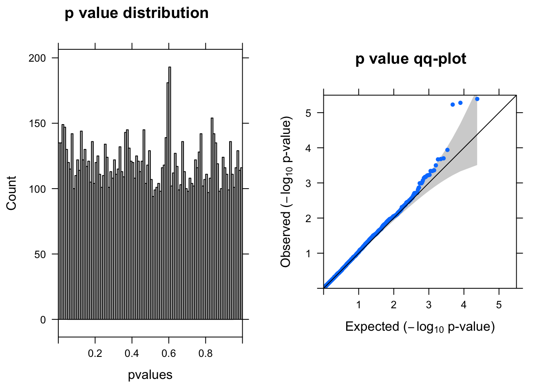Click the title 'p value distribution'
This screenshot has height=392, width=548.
[x=137, y=13]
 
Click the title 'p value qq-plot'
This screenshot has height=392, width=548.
[x=411, y=59]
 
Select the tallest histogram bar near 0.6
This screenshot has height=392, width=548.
[x=170, y=163]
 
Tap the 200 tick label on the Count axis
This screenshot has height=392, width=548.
[x=37, y=58]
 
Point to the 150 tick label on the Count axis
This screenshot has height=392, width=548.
[x=37, y=123]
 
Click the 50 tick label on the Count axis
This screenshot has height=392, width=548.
[x=40, y=254]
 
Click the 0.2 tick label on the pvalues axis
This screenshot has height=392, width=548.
[x=95, y=353]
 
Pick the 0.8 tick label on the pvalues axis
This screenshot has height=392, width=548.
[x=205, y=353]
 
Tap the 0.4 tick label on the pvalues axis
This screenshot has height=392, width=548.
[x=132, y=353]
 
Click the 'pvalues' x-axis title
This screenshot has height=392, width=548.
[x=150, y=375]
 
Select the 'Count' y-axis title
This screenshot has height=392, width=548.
[x=11, y=193]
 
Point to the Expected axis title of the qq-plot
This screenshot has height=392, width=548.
[x=420, y=327]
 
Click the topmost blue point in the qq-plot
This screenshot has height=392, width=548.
[x=477, y=99]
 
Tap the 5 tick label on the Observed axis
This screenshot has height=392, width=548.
[x=308, y=113]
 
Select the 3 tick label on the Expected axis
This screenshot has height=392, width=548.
[x=429, y=305]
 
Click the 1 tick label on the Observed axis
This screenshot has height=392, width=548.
[x=308, y=254]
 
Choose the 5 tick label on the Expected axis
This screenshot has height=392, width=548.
[x=499, y=305]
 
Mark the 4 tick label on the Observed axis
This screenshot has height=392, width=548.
[x=308, y=148]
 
